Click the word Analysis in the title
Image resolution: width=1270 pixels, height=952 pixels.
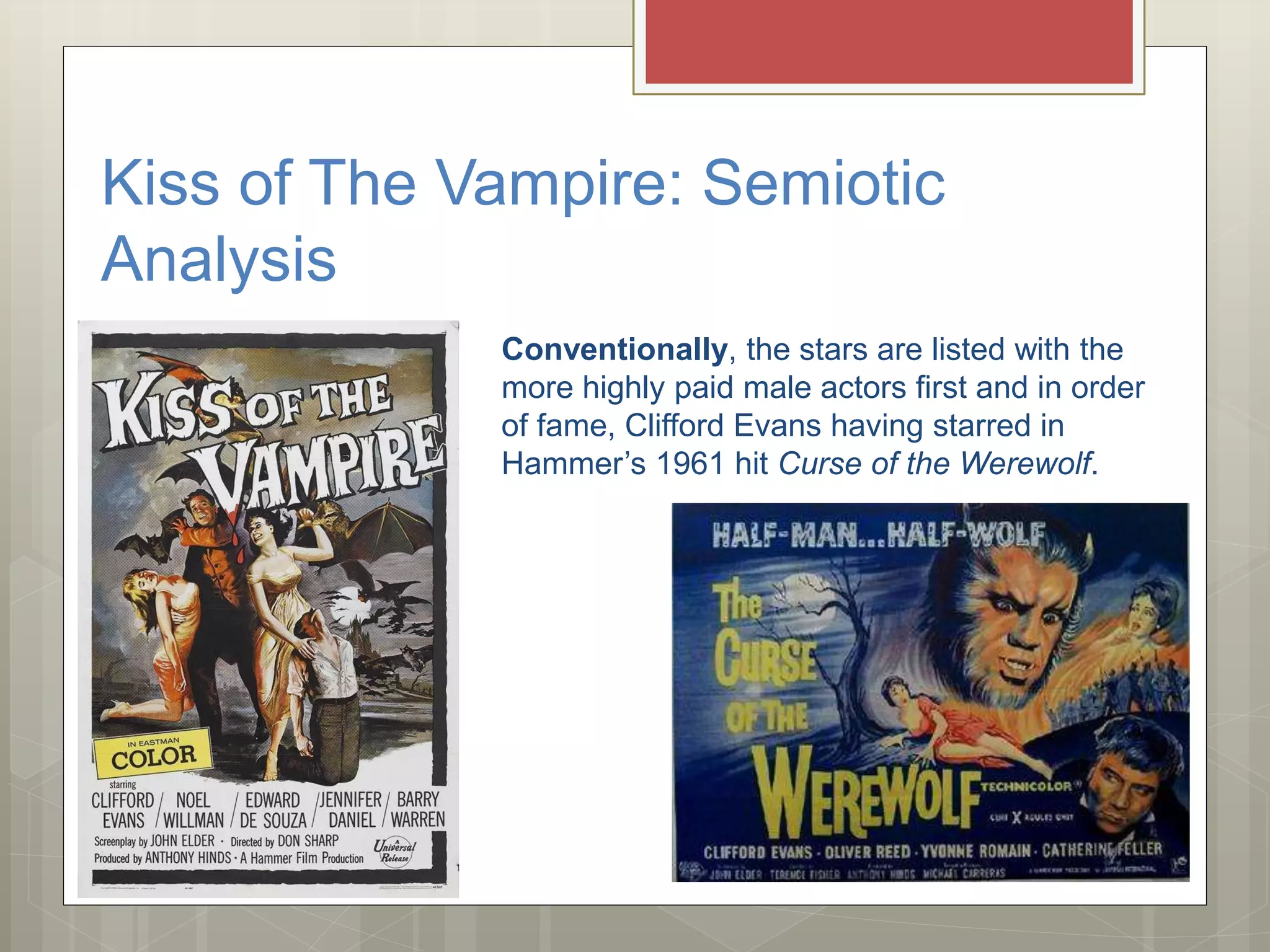(x=218, y=259)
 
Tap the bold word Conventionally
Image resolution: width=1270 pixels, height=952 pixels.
(x=614, y=350)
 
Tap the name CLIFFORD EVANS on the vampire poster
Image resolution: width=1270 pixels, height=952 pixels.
(x=123, y=810)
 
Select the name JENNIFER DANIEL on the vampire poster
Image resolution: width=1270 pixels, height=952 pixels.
(x=350, y=810)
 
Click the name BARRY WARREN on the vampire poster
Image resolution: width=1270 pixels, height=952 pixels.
(x=417, y=810)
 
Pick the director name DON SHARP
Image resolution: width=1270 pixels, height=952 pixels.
(x=308, y=841)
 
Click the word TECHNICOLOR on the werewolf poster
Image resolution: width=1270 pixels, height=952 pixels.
(x=1026, y=787)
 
